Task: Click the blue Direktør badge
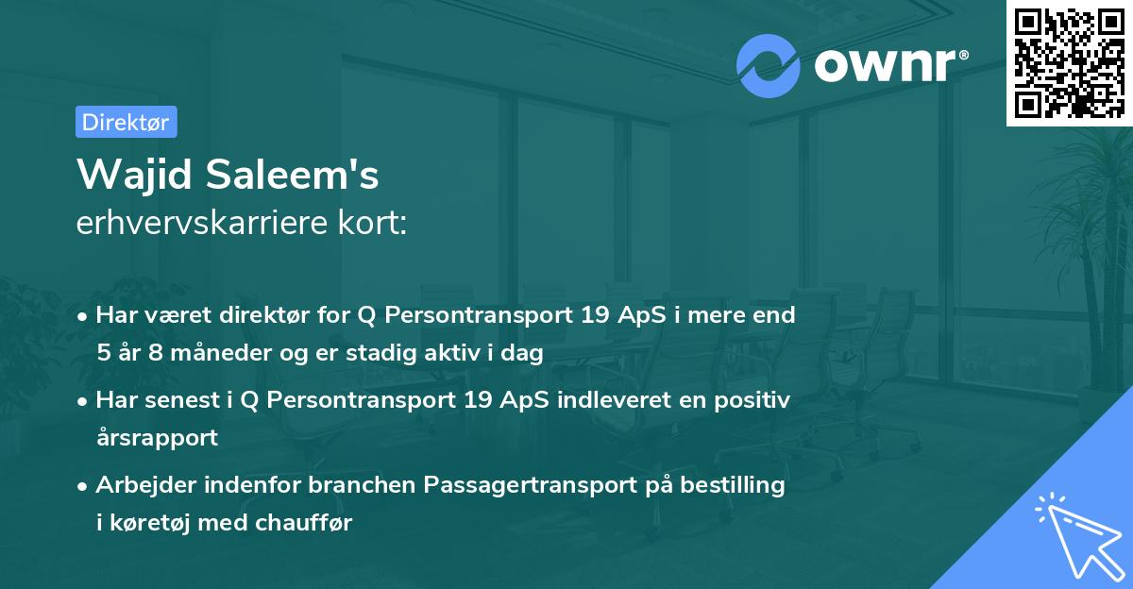[x=126, y=122]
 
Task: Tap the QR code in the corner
[x=1069, y=63]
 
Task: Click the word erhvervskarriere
[x=197, y=223]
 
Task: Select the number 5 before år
[x=103, y=354]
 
